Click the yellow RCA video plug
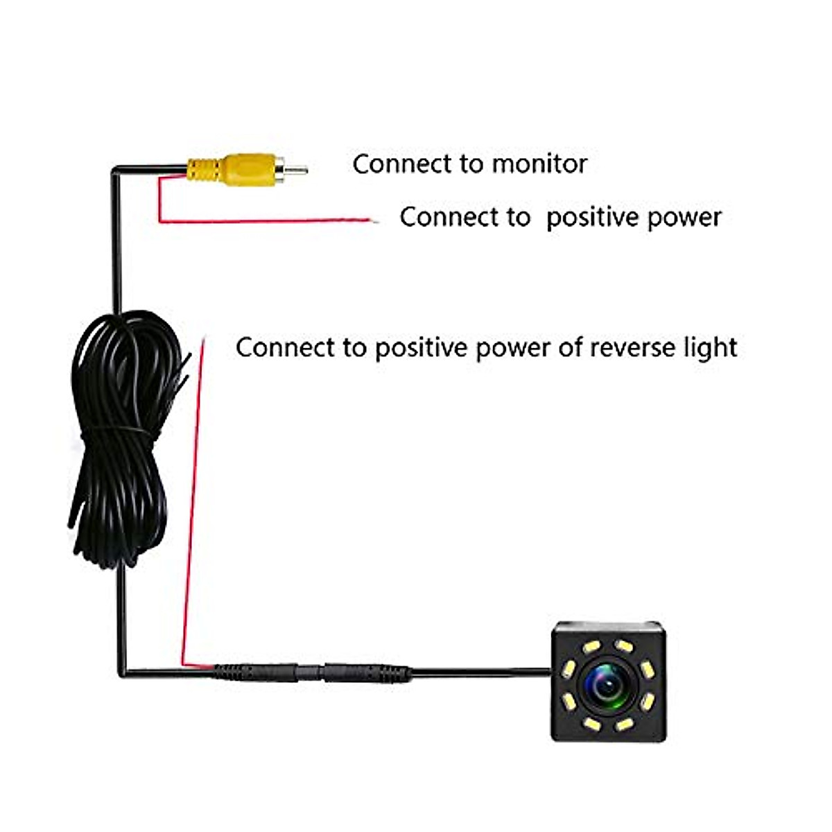point(247,170)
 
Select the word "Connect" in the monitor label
point(401,164)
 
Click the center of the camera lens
point(608,684)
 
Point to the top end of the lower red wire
point(204,337)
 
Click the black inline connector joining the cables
point(311,673)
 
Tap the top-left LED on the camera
point(591,647)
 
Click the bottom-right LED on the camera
point(624,724)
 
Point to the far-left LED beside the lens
point(569,670)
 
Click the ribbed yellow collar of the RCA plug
point(205,170)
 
